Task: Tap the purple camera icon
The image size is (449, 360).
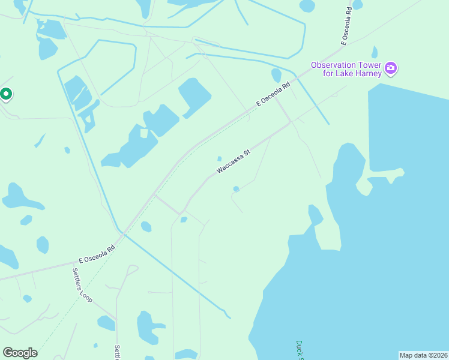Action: pyautogui.click(x=391, y=68)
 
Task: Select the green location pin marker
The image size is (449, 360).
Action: pyautogui.click(x=6, y=94)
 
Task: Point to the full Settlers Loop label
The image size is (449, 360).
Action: pyautogui.click(x=82, y=284)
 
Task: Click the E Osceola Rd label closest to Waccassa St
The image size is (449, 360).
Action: pyautogui.click(x=273, y=94)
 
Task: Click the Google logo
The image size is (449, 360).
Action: pyautogui.click(x=20, y=353)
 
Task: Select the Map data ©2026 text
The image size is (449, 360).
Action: pyautogui.click(x=423, y=355)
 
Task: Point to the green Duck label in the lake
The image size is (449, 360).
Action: pyautogui.click(x=300, y=350)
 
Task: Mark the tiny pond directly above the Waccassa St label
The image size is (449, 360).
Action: pyautogui.click(x=220, y=159)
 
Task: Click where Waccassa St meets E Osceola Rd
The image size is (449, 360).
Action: pyautogui.click(x=290, y=122)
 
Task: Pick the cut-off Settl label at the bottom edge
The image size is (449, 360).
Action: pyautogui.click(x=118, y=352)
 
